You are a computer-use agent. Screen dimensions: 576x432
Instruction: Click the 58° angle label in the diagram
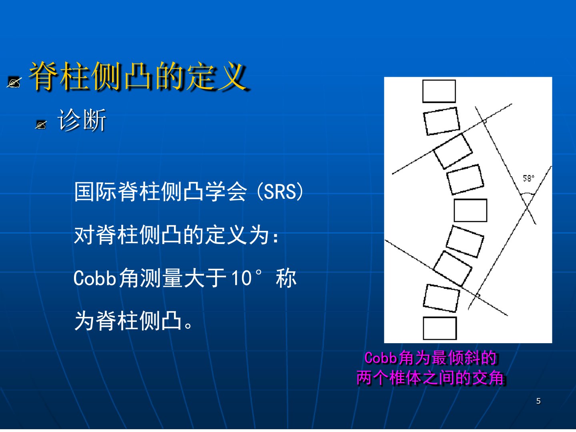coord(528,178)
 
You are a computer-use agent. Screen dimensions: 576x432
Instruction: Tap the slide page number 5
coord(538,401)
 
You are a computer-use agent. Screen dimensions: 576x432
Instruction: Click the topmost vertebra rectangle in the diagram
coord(439,91)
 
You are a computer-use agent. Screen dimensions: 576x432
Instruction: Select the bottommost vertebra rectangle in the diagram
coord(440,328)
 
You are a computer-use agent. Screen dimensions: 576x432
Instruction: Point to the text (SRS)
coord(280,192)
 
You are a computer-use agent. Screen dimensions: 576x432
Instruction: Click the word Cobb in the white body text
coord(95,278)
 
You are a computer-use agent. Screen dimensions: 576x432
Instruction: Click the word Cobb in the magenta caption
coord(381,358)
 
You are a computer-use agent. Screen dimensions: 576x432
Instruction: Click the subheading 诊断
coord(82,120)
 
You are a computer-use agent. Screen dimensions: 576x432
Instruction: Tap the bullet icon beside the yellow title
coord(14,82)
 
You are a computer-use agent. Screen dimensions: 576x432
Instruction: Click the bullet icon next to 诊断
coord(41,125)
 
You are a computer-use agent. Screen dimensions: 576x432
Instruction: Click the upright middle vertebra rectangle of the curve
coord(470,210)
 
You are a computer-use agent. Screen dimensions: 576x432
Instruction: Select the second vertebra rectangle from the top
coord(442,121)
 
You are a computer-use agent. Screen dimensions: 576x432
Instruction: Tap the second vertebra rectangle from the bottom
coord(441,298)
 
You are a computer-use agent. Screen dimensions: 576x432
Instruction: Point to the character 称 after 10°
coord(286,278)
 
